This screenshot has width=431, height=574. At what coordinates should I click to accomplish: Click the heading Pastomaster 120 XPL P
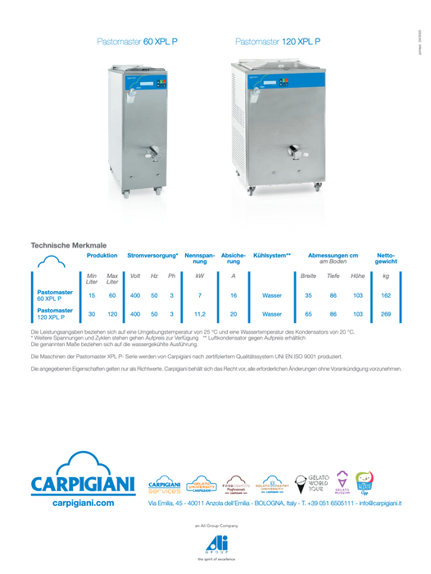[x=277, y=40]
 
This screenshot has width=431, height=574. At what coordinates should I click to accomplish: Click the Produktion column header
[x=102, y=256]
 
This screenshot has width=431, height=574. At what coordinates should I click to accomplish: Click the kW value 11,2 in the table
[x=199, y=314]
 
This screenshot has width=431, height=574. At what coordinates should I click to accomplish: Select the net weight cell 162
[x=386, y=295]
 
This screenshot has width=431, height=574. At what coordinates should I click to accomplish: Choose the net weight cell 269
[x=386, y=314]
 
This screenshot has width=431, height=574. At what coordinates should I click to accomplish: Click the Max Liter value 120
[x=112, y=314]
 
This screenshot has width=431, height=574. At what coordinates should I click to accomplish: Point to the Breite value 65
[x=308, y=314]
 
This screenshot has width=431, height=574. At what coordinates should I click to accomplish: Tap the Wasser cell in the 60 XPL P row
[x=272, y=295]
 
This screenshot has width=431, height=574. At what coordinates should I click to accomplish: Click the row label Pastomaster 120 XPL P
[x=55, y=314]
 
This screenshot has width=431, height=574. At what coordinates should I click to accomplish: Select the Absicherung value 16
[x=234, y=295]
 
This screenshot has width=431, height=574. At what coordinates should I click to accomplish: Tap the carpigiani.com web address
[x=83, y=503]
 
